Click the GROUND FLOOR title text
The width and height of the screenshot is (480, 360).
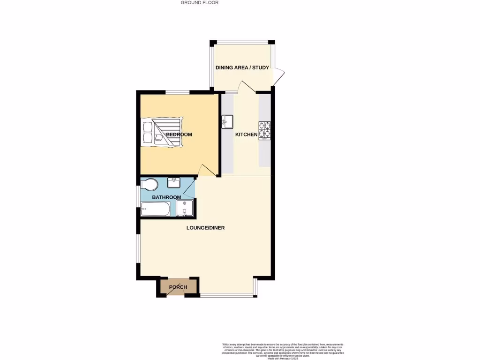[x=200, y=3]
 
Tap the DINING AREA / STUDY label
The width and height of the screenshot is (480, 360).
[x=242, y=68]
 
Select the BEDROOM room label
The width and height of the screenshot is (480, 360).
[x=179, y=135]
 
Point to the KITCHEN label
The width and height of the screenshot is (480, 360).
[x=246, y=135]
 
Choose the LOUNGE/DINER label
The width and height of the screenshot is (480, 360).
[x=205, y=228]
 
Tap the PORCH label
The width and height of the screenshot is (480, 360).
[x=178, y=287]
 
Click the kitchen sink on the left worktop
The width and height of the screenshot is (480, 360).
[x=228, y=122]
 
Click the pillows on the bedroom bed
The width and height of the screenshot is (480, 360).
[x=147, y=131]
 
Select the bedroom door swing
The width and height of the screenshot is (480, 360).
[x=206, y=171]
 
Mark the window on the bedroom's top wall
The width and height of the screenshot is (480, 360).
[x=177, y=92]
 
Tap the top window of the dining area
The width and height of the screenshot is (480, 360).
[x=242, y=42]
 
